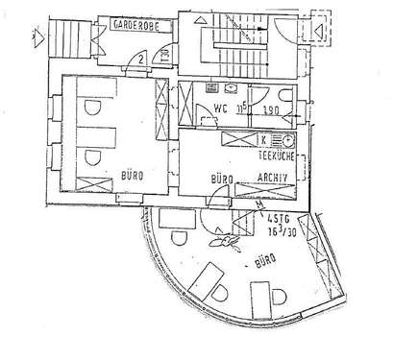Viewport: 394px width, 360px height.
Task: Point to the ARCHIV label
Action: click(274, 178)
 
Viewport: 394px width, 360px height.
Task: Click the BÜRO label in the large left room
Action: click(133, 177)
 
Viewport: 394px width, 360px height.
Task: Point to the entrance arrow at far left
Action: click(36, 39)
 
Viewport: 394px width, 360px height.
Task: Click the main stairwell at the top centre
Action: click(229, 43)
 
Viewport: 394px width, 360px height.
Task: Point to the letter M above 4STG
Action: click(260, 205)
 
